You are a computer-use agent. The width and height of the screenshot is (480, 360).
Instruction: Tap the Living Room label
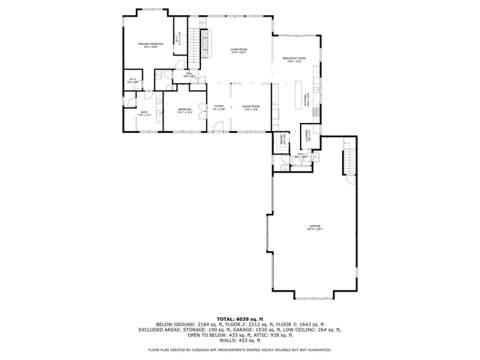(238, 51)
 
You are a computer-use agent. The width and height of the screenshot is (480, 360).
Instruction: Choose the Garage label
(315, 227)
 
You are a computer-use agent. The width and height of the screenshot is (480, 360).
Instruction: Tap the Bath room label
(144, 114)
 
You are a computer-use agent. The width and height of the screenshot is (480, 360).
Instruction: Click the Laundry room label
(308, 135)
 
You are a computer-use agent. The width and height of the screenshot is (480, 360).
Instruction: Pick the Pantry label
(282, 139)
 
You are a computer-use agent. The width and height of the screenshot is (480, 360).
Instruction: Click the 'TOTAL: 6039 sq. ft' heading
(239, 319)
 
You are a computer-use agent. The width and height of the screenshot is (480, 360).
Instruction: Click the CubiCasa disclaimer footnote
(239, 349)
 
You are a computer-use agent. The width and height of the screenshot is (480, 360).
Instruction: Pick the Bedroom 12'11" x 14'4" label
(184, 111)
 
